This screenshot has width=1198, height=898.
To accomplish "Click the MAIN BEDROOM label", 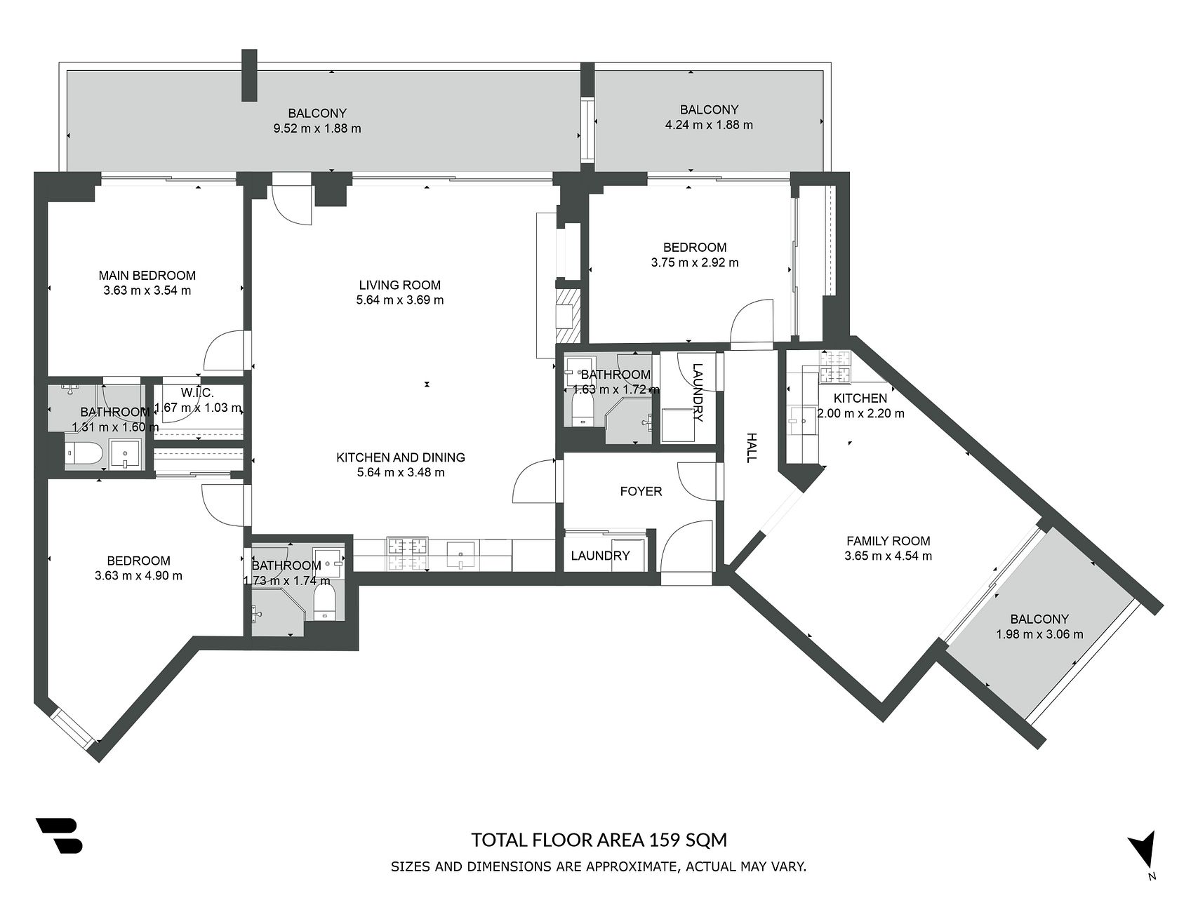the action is pyautogui.click(x=147, y=276).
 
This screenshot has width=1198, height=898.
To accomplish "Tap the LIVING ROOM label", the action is pyautogui.click(x=400, y=285).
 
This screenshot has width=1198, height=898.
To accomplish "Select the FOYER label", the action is pyautogui.click(x=641, y=491).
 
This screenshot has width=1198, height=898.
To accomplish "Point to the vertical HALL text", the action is pyautogui.click(x=752, y=448).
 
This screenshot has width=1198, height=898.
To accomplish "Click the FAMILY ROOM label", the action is pyautogui.click(x=888, y=541).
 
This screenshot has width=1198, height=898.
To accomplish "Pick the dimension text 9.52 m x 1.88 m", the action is pyautogui.click(x=317, y=128).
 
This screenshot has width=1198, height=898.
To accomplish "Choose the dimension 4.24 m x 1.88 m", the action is pyautogui.click(x=709, y=125).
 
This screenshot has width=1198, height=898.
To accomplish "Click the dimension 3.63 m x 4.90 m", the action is pyautogui.click(x=138, y=576).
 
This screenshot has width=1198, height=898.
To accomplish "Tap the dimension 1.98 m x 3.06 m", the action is pyautogui.click(x=1039, y=634).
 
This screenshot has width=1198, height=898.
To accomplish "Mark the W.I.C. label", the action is pyautogui.click(x=197, y=392).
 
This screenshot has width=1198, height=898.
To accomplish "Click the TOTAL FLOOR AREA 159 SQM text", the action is pyautogui.click(x=599, y=840).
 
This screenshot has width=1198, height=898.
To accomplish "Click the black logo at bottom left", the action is pyautogui.click(x=59, y=836).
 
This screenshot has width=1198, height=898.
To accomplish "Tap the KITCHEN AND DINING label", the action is pyautogui.click(x=401, y=457).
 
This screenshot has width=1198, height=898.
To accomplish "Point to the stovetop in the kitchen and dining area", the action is pyautogui.click(x=407, y=554).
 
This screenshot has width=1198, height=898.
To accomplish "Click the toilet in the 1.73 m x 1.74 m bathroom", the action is pyautogui.click(x=324, y=603).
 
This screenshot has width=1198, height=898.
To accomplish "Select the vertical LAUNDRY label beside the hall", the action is pyautogui.click(x=698, y=392).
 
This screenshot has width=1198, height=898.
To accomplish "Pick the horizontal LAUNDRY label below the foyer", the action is pyautogui.click(x=600, y=556).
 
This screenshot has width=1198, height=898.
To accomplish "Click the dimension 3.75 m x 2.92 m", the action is pyautogui.click(x=695, y=263).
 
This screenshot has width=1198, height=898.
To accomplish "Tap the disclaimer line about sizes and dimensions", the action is pyautogui.click(x=599, y=867).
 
